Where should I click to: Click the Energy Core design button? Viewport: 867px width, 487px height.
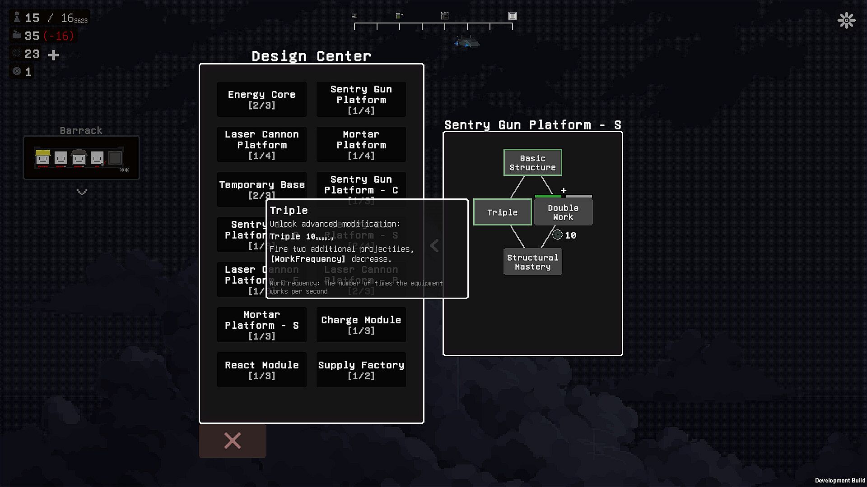pyautogui.click(x=261, y=99)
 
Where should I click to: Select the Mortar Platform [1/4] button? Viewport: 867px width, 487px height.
pyautogui.click(x=361, y=144)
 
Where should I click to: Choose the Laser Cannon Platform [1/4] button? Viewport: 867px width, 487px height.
pyautogui.click(x=261, y=144)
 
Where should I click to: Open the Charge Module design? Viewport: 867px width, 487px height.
pyautogui.click(x=361, y=325)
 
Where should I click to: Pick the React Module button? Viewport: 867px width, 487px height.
pyautogui.click(x=261, y=370)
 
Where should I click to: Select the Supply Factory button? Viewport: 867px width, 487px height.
pyautogui.click(x=361, y=370)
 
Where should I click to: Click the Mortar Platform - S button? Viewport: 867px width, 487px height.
pyautogui.click(x=261, y=325)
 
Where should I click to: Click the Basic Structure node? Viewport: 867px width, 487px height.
pyautogui.click(x=532, y=162)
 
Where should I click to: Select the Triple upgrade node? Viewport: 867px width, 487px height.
pyautogui.click(x=502, y=212)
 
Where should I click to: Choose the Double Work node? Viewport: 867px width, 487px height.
pyautogui.click(x=563, y=212)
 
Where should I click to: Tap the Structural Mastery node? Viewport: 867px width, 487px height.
pyautogui.click(x=532, y=262)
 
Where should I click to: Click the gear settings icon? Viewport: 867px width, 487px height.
pyautogui.click(x=846, y=20)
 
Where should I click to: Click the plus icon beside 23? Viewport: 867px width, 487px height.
pyautogui.click(x=54, y=55)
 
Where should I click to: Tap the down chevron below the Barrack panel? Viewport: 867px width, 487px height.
pyautogui.click(x=82, y=192)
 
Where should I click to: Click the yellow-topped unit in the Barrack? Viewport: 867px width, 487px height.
pyautogui.click(x=43, y=157)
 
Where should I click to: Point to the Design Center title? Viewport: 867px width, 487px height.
pyautogui.click(x=311, y=56)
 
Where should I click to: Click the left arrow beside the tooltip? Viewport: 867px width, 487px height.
pyautogui.click(x=434, y=246)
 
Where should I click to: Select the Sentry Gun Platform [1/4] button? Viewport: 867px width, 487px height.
pyautogui.click(x=361, y=99)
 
